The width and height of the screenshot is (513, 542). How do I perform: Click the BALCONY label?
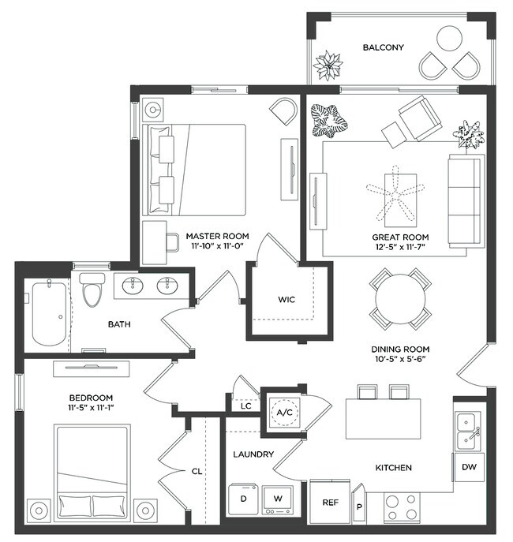(383, 47)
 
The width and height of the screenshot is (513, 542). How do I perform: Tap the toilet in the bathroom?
(91, 291)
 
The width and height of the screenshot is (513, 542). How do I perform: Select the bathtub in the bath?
(48, 314)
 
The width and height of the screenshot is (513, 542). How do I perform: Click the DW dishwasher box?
(469, 467)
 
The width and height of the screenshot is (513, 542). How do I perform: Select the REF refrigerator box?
(330, 503)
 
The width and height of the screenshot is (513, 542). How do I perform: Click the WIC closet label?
(286, 301)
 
